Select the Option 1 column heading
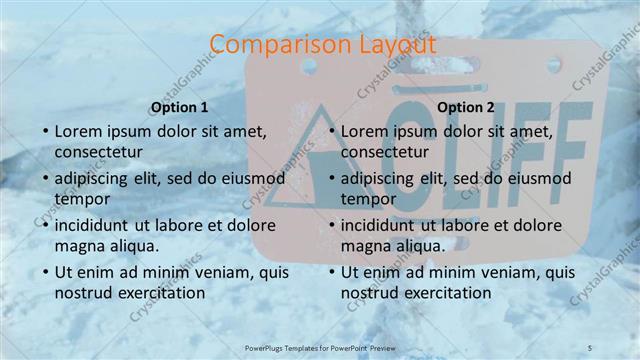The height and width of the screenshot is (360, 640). point(179,107)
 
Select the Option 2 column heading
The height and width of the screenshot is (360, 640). point(465,107)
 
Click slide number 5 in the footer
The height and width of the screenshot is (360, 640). point(591,346)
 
